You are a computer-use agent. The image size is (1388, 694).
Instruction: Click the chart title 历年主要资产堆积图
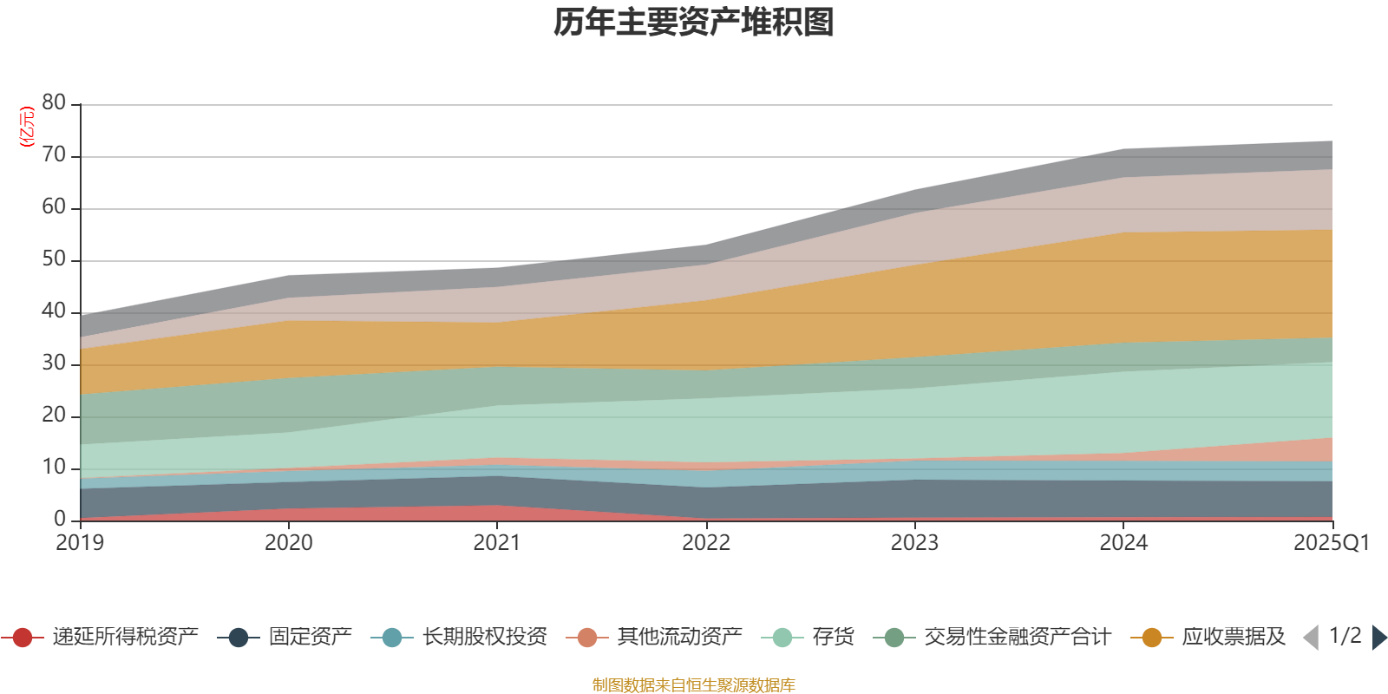click(x=694, y=23)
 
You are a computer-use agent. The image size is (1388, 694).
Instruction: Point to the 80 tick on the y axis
click(x=54, y=103)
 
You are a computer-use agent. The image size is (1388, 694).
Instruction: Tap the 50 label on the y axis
click(x=54, y=259)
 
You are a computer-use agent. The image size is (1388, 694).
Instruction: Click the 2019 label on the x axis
click(x=80, y=543)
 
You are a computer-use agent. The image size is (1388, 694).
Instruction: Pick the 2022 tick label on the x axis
click(x=706, y=543)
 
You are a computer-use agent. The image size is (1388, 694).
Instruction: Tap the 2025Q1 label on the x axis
click(x=1331, y=543)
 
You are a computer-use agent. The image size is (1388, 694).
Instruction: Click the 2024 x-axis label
click(x=1123, y=543)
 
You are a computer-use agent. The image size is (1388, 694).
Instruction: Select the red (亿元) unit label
click(x=27, y=127)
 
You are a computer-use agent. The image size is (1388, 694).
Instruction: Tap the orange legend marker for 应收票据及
click(x=1152, y=638)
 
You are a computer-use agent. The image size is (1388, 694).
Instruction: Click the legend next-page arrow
click(x=1378, y=638)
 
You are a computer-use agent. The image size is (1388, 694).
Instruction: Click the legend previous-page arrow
click(x=1311, y=638)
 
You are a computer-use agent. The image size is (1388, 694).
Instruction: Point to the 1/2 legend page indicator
click(x=1345, y=636)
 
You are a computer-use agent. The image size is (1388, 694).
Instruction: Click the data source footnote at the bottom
click(x=694, y=685)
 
